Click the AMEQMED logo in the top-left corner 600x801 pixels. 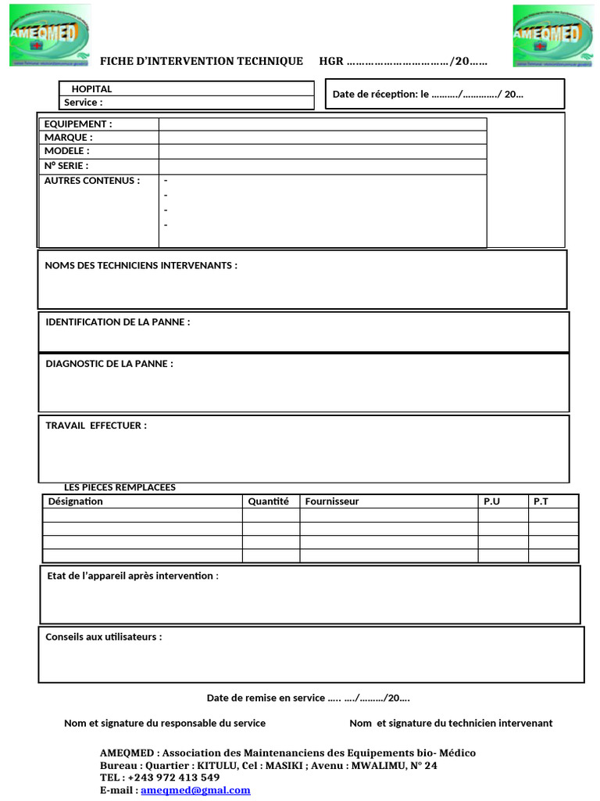tap(49, 35)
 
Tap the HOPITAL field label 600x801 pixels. tap(91, 89)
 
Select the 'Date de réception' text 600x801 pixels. tap(427, 95)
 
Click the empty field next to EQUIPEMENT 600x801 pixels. tap(322, 124)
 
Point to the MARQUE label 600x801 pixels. tap(68, 138)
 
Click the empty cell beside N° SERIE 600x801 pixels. tap(322, 167)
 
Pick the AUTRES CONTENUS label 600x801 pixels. tap(91, 181)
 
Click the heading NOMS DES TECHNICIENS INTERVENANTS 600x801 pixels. tap(141, 266)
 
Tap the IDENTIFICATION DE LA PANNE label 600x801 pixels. tap(117, 322)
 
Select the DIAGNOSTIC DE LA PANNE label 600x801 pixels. tap(109, 364)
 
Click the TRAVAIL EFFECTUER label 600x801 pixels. tap(96, 426)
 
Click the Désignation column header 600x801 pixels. tap(76, 501)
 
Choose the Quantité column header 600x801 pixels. tap(268, 501)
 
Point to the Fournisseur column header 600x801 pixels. tap(332, 501)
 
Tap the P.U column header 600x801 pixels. tap(491, 501)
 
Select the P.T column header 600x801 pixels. tap(541, 501)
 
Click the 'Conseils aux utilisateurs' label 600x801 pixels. tap(104, 637)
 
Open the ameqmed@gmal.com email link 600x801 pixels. tap(195, 790)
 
